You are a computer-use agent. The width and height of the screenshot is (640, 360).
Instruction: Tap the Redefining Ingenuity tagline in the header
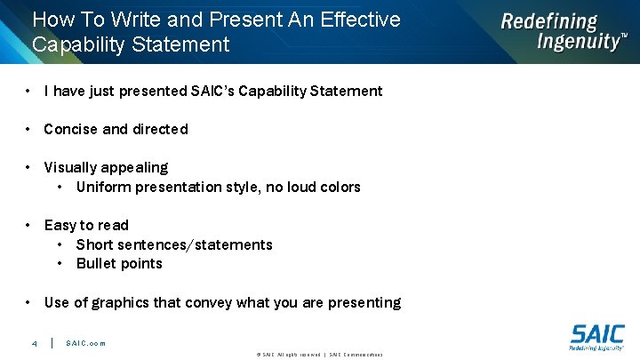(563, 32)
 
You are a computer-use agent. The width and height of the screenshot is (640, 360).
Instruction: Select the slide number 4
(34, 343)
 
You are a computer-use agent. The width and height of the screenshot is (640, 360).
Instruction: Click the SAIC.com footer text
(85, 343)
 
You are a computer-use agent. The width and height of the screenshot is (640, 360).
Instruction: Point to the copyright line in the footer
(319, 355)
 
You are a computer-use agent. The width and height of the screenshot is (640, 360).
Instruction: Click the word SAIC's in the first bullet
(214, 91)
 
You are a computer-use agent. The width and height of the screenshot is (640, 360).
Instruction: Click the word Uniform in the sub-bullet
(104, 187)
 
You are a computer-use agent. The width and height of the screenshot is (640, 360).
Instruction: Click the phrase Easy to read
(86, 225)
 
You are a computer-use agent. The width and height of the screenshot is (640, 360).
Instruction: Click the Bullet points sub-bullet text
(119, 263)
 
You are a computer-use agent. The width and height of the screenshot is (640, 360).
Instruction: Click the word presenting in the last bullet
(364, 302)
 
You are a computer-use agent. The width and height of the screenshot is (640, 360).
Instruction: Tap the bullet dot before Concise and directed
(29, 129)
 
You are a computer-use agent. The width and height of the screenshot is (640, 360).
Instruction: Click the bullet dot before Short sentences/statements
(60, 244)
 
